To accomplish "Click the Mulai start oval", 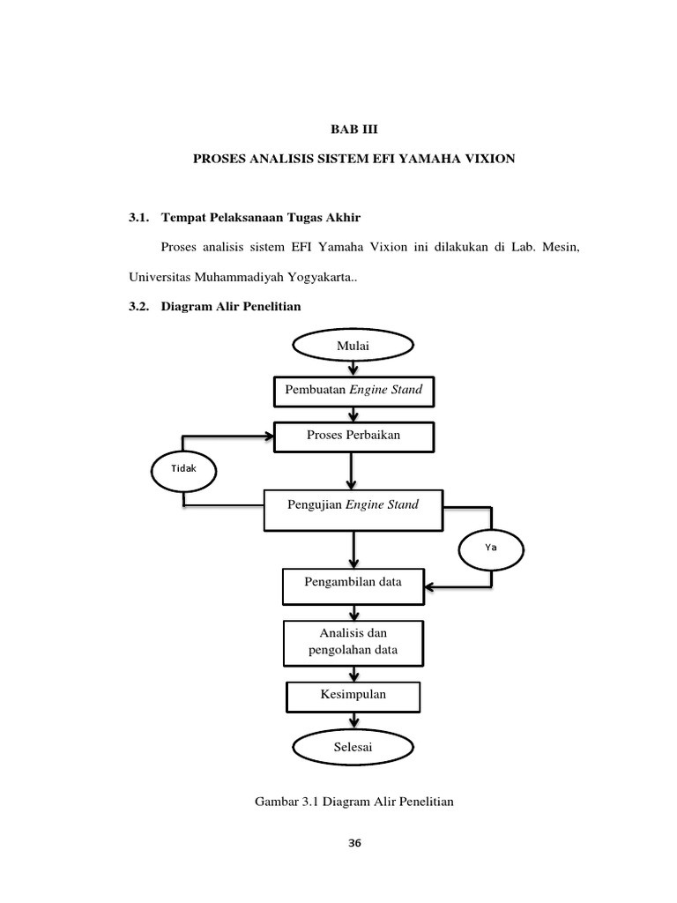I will (353, 347).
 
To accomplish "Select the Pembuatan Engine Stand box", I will (353, 390).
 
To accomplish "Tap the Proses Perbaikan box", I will (353, 436).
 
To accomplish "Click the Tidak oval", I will (183, 468).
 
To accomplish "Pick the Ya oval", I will (491, 547).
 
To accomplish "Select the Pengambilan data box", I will (353, 584).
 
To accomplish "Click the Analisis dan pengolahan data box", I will (353, 643).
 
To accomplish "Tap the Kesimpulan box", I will (353, 696).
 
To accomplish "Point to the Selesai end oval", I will (353, 748).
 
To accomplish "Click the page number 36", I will (354, 844).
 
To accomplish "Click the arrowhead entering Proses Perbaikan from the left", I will (269, 436).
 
